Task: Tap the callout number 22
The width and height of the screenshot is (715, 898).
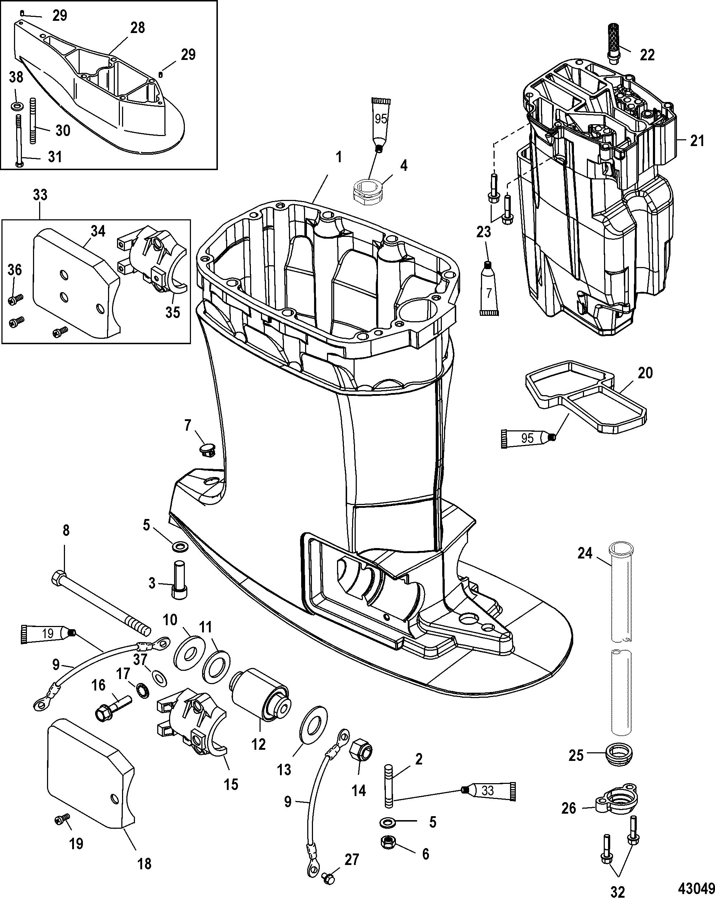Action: click(647, 55)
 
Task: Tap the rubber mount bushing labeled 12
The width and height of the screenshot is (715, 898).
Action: click(260, 696)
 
